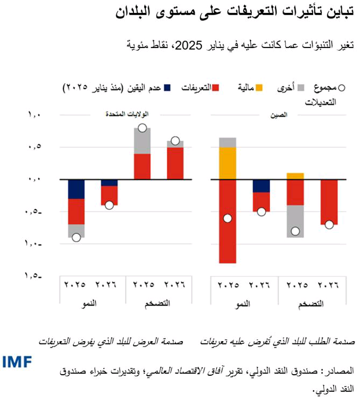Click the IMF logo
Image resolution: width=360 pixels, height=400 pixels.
(x=17, y=362)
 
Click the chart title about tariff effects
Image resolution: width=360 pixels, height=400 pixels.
(x=236, y=12)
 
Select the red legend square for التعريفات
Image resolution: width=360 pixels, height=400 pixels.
(x=216, y=88)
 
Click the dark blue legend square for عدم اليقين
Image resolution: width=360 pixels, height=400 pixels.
(x=167, y=88)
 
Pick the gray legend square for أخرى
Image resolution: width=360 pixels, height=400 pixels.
(x=301, y=88)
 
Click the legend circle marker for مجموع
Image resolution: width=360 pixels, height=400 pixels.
(x=342, y=88)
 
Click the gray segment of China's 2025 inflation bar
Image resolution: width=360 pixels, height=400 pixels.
(x=295, y=221)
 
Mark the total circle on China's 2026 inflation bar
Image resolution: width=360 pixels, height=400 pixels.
(x=329, y=224)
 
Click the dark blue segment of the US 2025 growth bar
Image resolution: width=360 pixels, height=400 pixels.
(x=76, y=189)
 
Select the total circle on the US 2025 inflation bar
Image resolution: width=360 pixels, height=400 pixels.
(x=142, y=128)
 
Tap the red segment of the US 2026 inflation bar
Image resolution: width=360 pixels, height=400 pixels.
(x=175, y=163)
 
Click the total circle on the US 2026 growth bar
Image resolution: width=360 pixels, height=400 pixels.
(x=109, y=205)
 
